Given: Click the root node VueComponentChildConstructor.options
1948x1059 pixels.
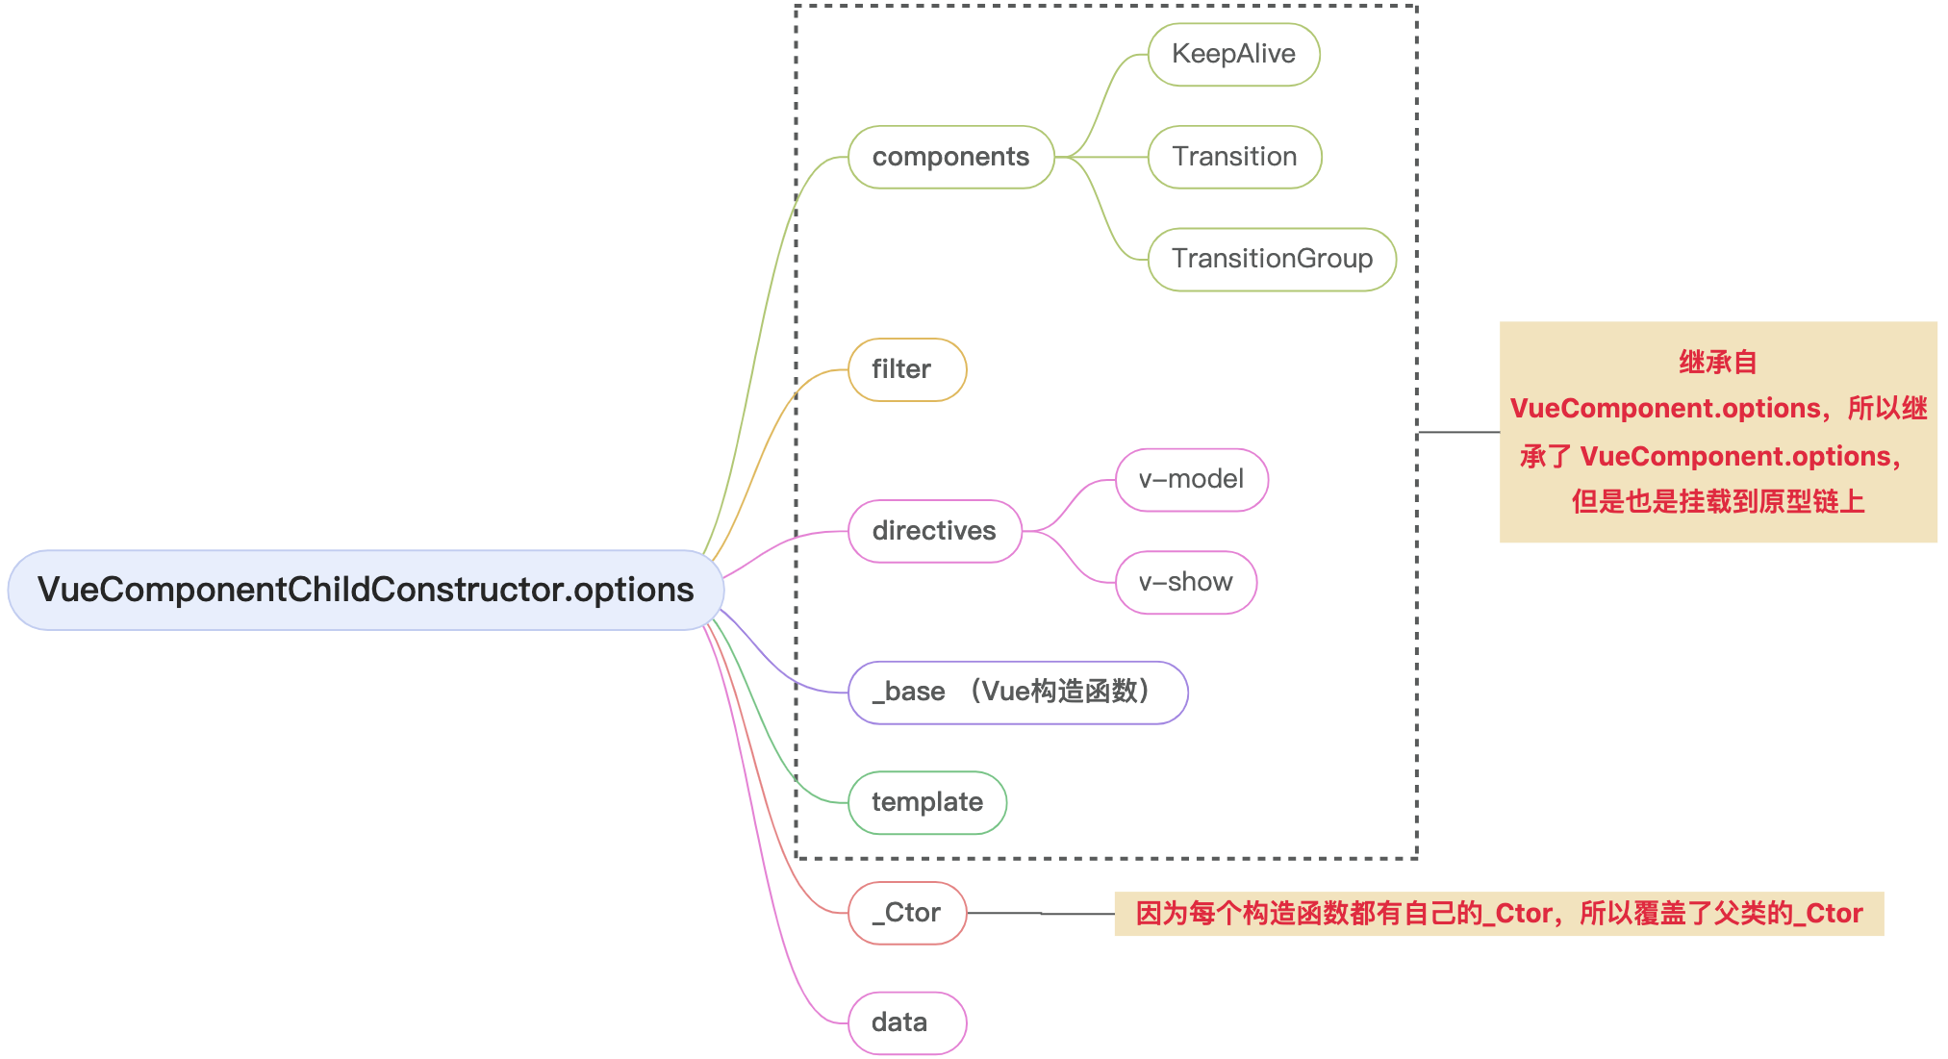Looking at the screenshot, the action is click(366, 590).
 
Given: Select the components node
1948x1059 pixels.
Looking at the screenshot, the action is click(950, 157).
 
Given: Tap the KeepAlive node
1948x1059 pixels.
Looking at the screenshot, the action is click(1233, 55).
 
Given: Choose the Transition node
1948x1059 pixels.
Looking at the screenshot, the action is click(1234, 157).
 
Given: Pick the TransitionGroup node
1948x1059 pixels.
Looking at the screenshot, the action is click(1272, 259).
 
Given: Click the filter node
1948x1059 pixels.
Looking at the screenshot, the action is click(906, 369).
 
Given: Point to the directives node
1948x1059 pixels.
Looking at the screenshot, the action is click(934, 531).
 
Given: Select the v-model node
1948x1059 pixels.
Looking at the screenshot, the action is click(1191, 479).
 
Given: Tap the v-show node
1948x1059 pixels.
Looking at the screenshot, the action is click(1185, 582).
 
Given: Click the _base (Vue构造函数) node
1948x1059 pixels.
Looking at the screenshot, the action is click(1018, 693).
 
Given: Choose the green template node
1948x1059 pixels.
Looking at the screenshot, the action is click(926, 802).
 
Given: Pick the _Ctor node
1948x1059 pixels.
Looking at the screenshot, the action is click(906, 913).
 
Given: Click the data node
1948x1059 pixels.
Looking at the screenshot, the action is click(906, 1022).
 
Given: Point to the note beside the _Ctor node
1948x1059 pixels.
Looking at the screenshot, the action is click(1499, 913).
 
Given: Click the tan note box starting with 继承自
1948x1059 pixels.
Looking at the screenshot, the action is click(1718, 432).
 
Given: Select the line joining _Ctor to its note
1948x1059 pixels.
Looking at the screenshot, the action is click(1041, 913).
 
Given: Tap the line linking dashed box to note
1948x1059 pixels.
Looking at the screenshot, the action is click(1458, 432).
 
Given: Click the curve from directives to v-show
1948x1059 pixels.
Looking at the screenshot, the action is click(1070, 557).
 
